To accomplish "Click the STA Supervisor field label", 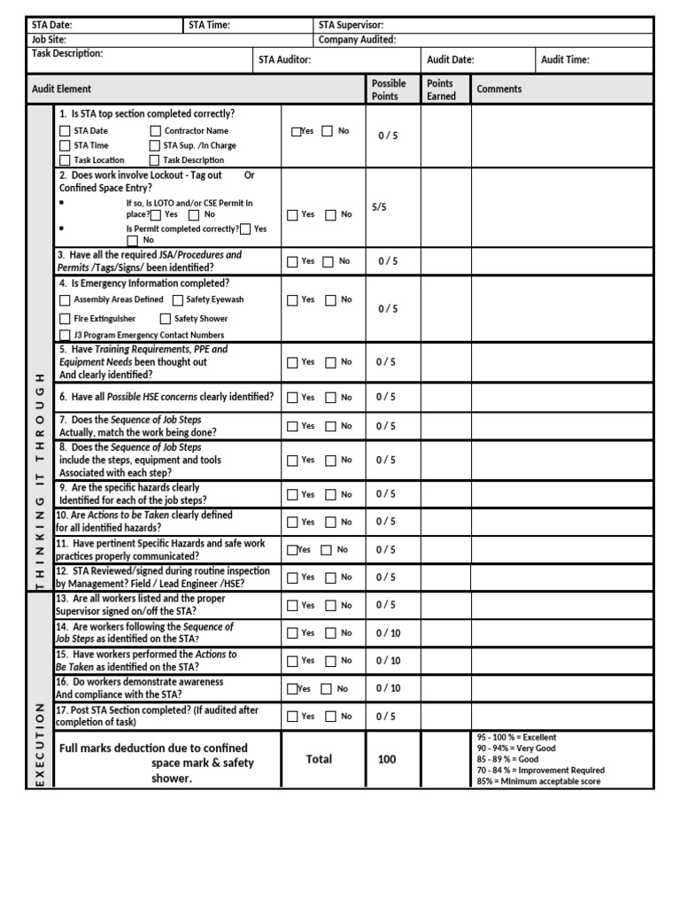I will pos(352,25).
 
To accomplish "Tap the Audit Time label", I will pos(565,60).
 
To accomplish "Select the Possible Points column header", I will pos(389,89).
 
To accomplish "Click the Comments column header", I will pos(499,89).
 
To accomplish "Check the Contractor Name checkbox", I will pos(156,131).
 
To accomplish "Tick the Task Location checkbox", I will pos(66,160).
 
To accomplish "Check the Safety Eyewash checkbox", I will pos(178,300).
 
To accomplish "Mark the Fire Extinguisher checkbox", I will pos(66,319).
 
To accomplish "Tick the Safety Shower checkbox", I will pos(166,319).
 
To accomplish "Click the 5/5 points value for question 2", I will pos(380,206).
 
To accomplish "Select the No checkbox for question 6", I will pos(330,398).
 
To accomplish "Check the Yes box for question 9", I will pos(292,495).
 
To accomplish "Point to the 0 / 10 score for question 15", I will pos(388,661).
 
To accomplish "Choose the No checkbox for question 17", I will pos(330,717).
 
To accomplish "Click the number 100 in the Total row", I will pos(387,759).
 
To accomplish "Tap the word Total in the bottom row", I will pos(319,759).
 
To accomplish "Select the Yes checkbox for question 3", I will pos(292,262).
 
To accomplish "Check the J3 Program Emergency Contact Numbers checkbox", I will pos(66,336).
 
